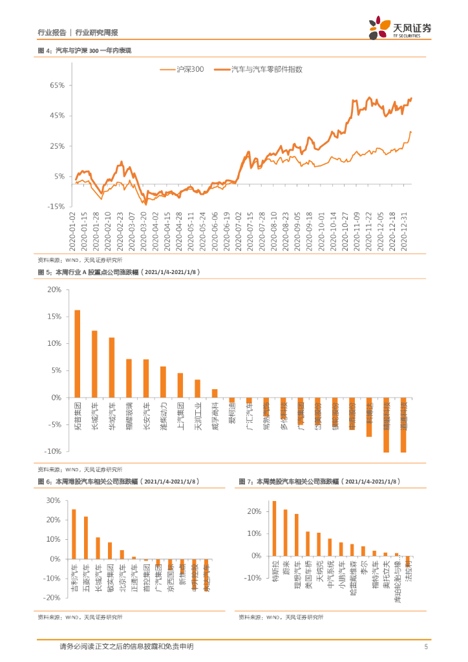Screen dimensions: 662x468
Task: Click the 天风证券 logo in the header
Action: tap(399, 27)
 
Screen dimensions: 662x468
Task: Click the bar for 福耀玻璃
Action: tap(129, 378)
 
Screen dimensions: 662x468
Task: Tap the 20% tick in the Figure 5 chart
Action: tap(54, 290)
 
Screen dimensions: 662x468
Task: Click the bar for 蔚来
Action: tap(285, 533)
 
